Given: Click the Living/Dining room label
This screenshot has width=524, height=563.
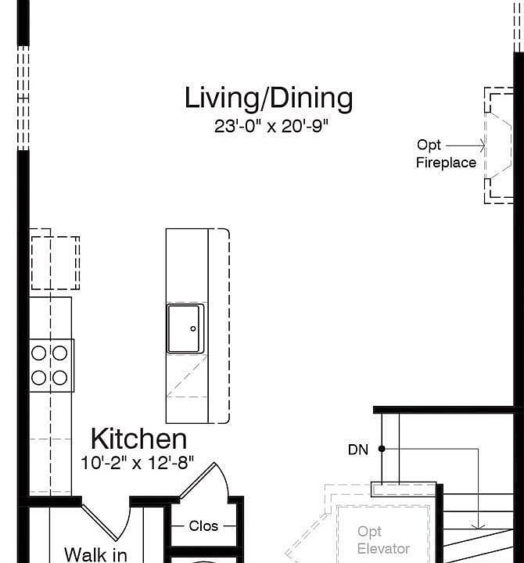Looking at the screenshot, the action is click(x=268, y=98).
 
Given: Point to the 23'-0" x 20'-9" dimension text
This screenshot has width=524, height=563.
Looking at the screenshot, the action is click(x=271, y=126).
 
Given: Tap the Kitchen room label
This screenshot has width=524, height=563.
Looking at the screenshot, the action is click(x=138, y=439).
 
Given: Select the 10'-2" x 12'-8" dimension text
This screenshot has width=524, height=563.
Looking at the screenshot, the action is click(x=137, y=463).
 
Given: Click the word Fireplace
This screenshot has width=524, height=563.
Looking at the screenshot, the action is click(x=446, y=163).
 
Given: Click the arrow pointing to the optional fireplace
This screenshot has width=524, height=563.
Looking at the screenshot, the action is click(x=465, y=145).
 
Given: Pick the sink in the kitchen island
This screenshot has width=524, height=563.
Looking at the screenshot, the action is click(x=185, y=328).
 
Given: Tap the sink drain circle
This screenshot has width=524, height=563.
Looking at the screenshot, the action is click(x=193, y=328).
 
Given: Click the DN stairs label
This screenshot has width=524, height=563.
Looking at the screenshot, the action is click(x=358, y=450).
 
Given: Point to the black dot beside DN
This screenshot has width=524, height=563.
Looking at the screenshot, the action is click(x=382, y=449).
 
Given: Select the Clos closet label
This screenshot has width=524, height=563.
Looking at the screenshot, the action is click(x=203, y=526).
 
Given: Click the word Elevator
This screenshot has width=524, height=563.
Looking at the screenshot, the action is click(x=383, y=549).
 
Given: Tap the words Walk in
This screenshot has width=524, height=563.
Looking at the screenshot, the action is click(x=95, y=554).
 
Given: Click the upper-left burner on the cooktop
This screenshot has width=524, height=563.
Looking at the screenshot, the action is click(x=39, y=353).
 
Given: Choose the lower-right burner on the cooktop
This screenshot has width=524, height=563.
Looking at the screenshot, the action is click(x=59, y=378).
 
